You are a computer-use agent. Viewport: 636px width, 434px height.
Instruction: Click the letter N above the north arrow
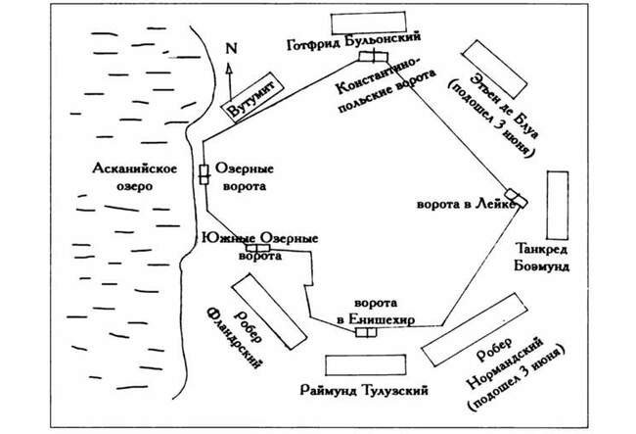click(x=231, y=49)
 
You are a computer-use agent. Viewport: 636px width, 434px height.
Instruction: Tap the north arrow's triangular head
click(x=229, y=68)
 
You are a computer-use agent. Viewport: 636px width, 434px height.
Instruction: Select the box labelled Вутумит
click(x=251, y=97)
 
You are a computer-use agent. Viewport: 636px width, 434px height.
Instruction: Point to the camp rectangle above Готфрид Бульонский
click(x=368, y=23)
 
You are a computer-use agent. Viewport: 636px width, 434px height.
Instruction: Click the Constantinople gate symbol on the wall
click(x=373, y=57)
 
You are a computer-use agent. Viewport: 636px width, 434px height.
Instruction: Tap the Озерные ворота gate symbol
click(x=204, y=174)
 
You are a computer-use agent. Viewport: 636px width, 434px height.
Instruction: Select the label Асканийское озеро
click(x=135, y=177)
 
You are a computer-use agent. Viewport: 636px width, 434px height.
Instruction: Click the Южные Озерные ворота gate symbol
click(x=258, y=248)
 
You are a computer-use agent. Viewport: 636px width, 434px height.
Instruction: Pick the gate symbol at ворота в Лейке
click(x=516, y=198)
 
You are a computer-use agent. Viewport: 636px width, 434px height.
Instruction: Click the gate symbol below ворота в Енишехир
click(x=366, y=332)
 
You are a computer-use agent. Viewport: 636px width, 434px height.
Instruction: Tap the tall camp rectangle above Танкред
click(x=558, y=205)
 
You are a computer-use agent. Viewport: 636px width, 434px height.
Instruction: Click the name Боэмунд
click(x=541, y=265)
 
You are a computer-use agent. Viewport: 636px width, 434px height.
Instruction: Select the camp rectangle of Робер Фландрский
click(x=269, y=312)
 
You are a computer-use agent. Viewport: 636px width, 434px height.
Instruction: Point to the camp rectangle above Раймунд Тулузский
click(x=366, y=365)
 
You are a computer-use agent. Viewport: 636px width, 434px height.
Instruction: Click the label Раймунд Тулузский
click(x=364, y=391)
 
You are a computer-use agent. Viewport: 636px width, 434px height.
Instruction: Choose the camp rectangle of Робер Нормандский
click(x=475, y=329)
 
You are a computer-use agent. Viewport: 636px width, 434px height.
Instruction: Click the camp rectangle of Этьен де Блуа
click(x=494, y=70)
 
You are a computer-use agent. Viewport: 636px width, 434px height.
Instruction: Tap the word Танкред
click(x=541, y=249)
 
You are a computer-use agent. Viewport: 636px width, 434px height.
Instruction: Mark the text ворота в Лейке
click(x=466, y=204)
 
